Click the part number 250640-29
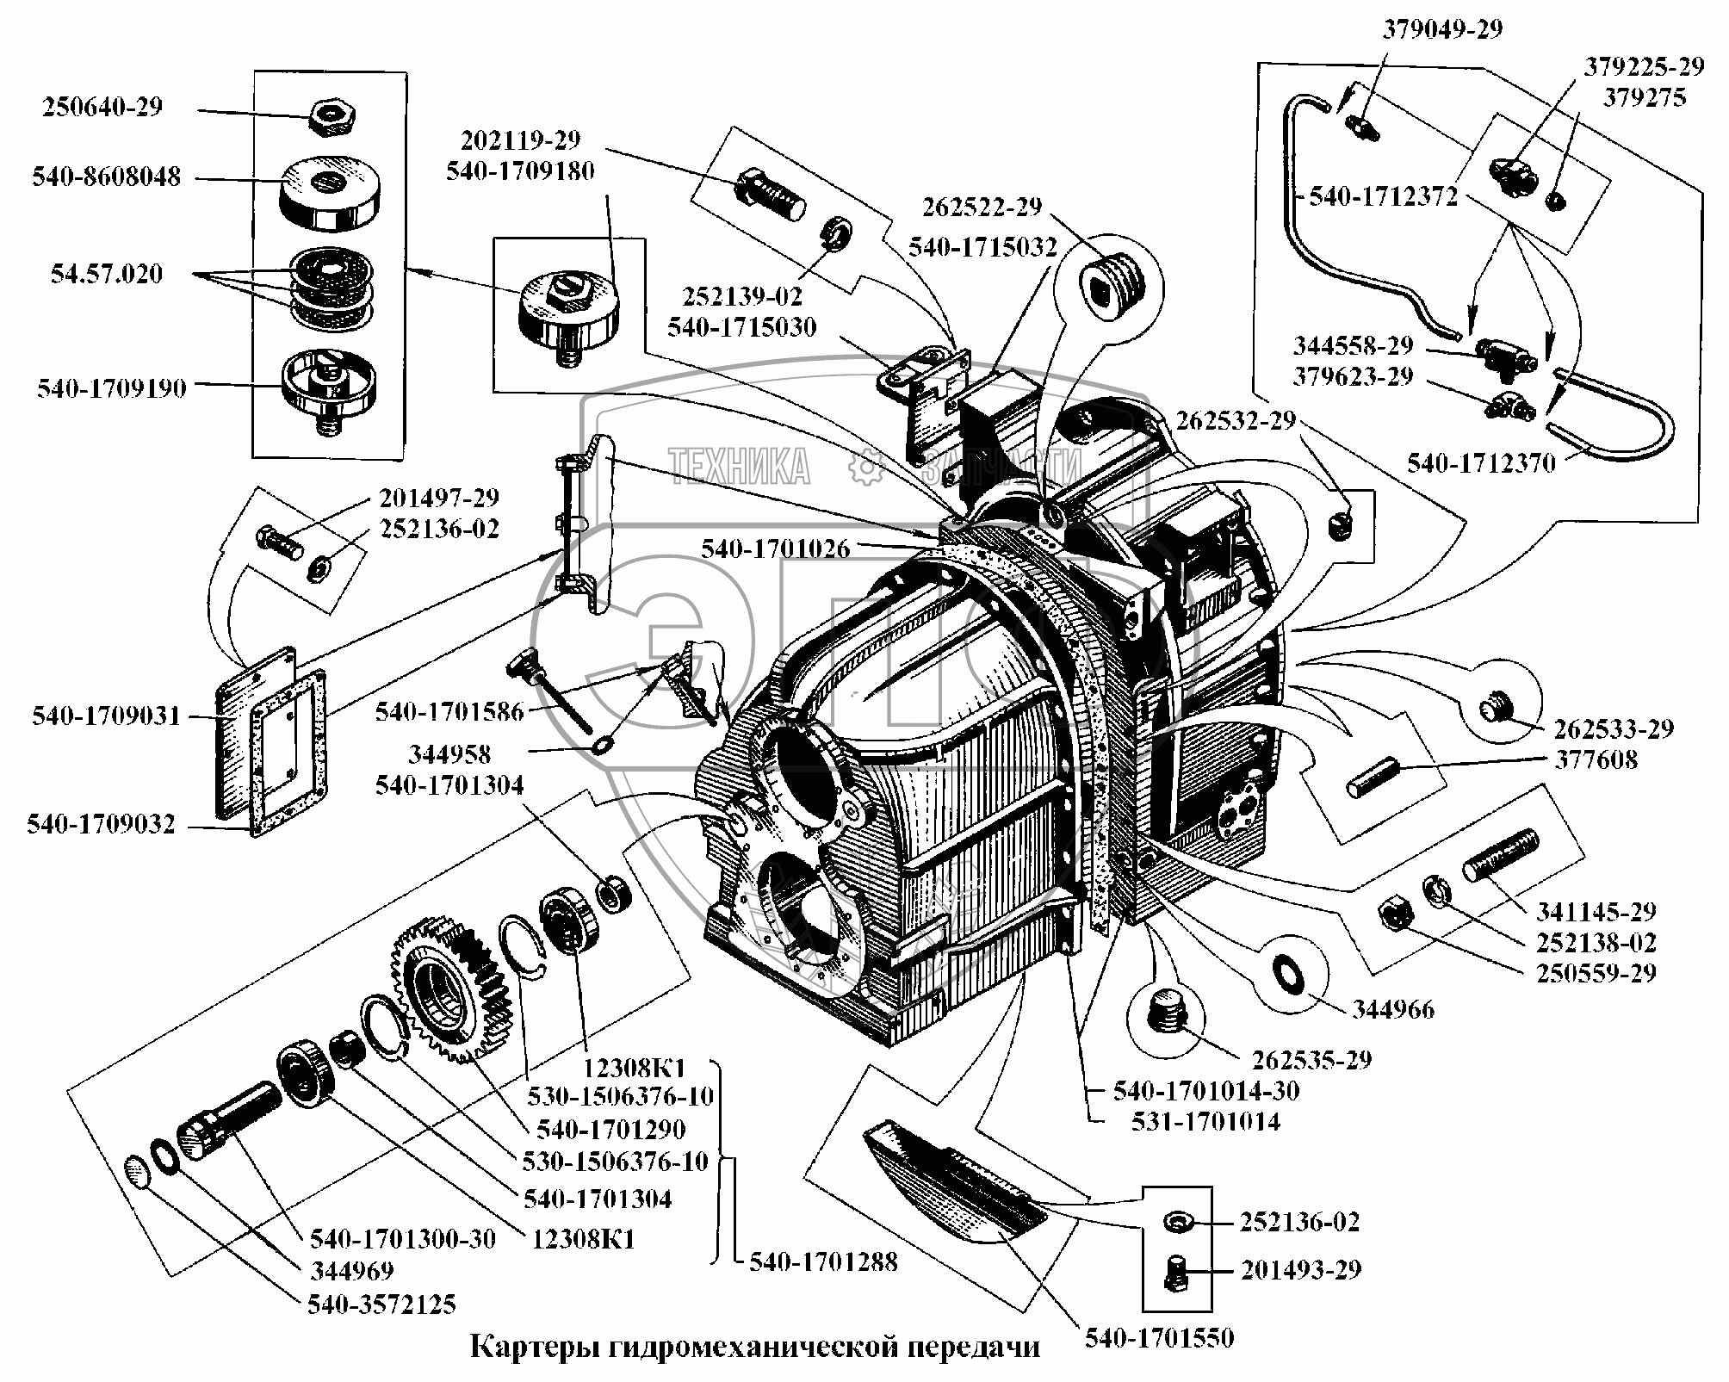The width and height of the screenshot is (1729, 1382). (102, 108)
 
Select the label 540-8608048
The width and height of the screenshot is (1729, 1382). (107, 177)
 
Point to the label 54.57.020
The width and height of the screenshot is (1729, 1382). (107, 275)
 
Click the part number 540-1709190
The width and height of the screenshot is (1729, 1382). (111, 388)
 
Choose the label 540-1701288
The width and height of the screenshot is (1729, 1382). (823, 1262)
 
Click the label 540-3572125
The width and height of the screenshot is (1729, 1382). (381, 1305)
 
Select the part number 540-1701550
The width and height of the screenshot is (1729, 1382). (1159, 1338)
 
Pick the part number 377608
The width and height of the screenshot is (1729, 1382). (1596, 760)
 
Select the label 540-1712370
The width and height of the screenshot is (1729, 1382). (1481, 464)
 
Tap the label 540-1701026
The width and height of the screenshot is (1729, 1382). (775, 548)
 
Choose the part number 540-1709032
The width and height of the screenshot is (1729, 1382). (101, 825)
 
